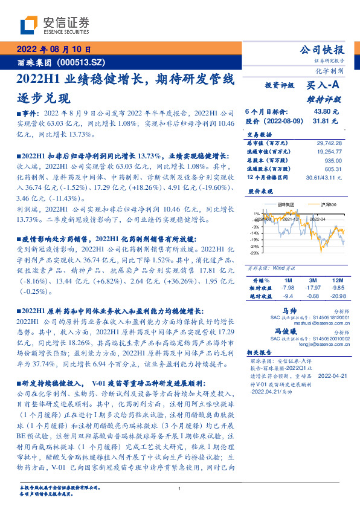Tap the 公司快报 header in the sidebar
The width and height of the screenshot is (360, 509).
point(323,50)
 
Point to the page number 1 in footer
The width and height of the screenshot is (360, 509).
point(180,490)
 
